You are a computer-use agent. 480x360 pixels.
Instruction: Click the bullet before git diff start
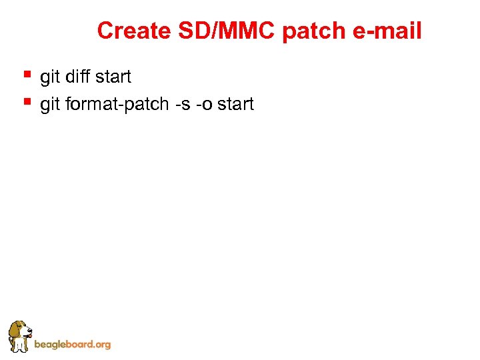tap(27, 74)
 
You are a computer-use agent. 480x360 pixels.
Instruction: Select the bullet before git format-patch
tap(27, 101)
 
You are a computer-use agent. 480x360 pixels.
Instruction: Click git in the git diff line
tap(50, 77)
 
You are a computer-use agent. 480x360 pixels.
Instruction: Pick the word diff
tap(79, 77)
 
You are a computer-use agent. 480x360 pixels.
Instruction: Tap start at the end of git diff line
tap(114, 77)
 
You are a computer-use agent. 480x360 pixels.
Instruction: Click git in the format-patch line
tap(50, 105)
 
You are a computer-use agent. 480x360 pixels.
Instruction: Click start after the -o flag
tap(236, 105)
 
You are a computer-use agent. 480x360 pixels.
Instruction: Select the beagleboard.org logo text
tap(72, 345)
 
